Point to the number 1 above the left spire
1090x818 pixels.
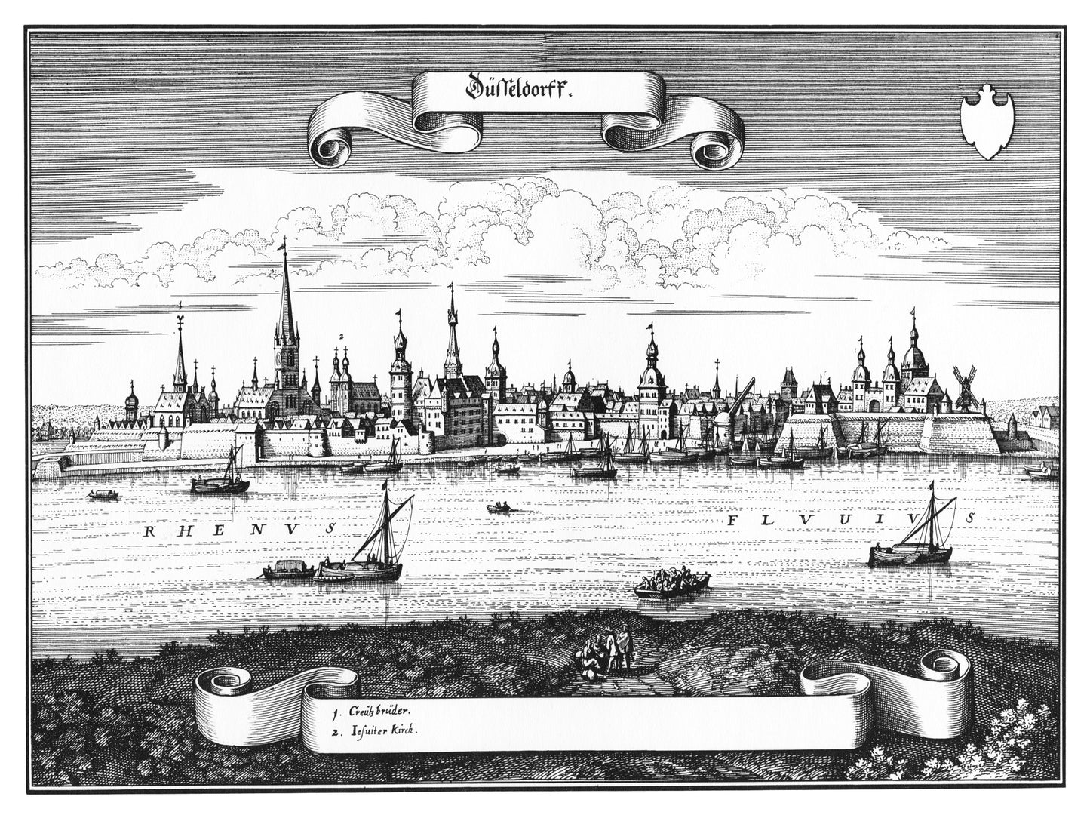(x=180, y=303)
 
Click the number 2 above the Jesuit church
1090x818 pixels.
(x=341, y=336)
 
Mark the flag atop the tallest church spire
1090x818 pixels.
(x=284, y=244)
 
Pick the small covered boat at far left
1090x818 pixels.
(x=99, y=495)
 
